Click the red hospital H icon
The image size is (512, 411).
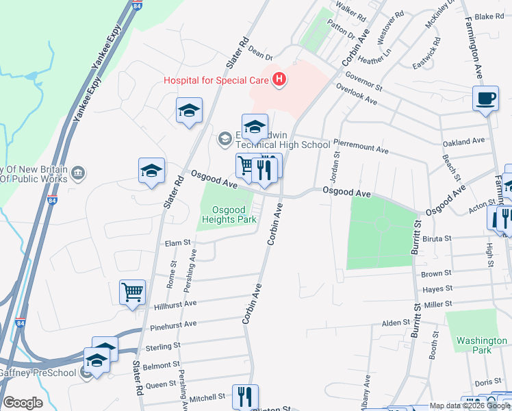point(279,80)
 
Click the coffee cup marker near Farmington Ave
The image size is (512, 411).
point(486,99)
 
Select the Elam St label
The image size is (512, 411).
point(177,242)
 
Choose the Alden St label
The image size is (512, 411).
point(395,323)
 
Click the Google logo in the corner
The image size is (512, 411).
point(23,403)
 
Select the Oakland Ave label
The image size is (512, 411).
point(463,142)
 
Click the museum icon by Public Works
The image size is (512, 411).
point(78,171)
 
